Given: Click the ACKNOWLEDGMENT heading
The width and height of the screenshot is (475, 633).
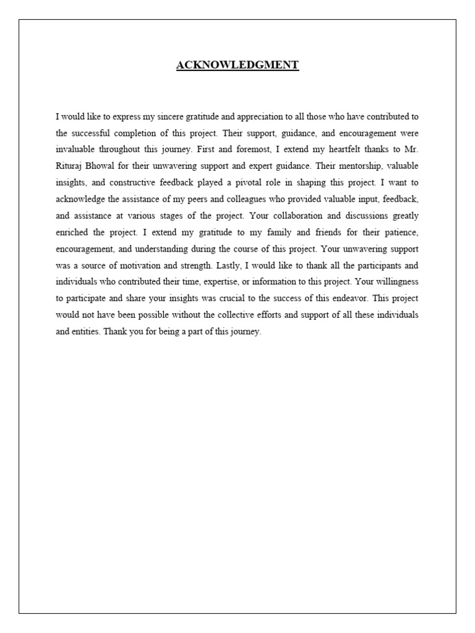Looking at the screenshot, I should pos(237,65).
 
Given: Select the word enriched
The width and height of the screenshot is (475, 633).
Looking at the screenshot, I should pos(73,232).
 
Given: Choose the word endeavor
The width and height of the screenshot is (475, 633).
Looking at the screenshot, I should pos(342,299).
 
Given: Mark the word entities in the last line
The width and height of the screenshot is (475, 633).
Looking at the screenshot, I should pos(85,331).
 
